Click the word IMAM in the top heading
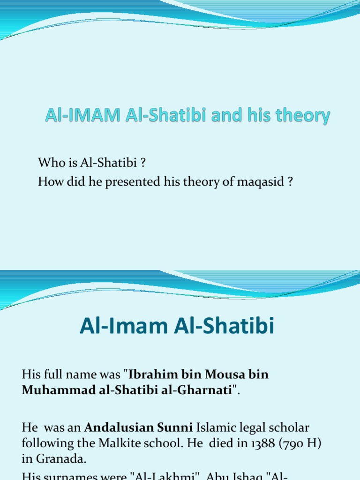pos(87,116)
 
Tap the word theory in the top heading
pos(303,116)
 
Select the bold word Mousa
pos(222,375)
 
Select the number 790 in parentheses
pos(277,443)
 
